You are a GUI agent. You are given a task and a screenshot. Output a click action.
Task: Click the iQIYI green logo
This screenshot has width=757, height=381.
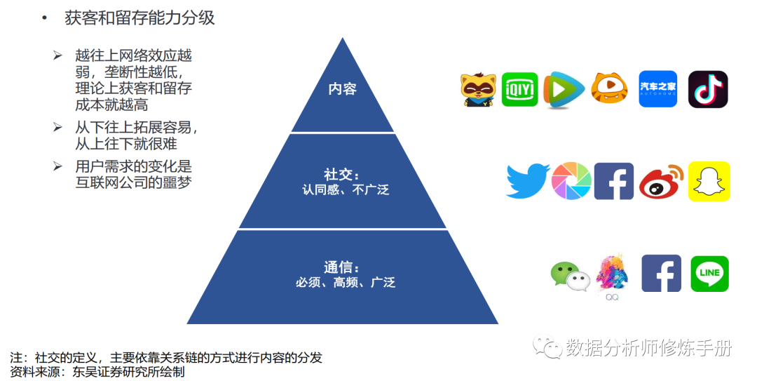tap(519, 89)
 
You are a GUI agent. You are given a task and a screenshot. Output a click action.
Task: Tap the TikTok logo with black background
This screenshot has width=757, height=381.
tap(708, 89)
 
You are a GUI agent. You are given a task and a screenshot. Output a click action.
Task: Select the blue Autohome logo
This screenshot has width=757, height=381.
tap(657, 89)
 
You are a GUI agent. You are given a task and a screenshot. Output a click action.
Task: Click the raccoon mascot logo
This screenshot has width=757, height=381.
tap(478, 90)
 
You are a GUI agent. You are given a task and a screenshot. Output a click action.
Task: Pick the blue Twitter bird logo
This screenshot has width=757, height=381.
tap(527, 181)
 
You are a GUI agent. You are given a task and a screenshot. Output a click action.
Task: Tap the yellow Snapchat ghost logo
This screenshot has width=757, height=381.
tap(709, 181)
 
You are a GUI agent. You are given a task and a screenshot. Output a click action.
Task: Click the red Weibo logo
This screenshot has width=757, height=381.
tap(661, 182)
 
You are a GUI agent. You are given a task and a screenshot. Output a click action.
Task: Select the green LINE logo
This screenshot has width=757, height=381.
tap(709, 274)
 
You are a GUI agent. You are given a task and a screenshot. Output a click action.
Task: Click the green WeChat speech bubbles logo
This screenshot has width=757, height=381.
tap(569, 276)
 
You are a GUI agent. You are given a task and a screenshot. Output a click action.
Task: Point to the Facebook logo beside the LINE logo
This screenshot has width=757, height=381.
tap(661, 274)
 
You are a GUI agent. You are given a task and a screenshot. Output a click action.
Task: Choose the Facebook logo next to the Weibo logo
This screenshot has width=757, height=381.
tap(613, 181)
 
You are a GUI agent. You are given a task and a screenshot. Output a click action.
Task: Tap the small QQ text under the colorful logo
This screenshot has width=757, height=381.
tap(612, 297)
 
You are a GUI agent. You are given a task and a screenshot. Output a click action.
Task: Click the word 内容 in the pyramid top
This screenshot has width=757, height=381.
tap(343, 89)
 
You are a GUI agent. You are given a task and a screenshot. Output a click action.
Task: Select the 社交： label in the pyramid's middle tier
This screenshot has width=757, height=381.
tap(342, 174)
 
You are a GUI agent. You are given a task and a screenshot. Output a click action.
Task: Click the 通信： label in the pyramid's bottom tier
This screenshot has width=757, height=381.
tap(342, 267)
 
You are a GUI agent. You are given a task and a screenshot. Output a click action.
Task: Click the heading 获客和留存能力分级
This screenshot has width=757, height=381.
tap(139, 18)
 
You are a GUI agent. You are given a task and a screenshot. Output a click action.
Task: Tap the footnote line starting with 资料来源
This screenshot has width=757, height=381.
tap(97, 372)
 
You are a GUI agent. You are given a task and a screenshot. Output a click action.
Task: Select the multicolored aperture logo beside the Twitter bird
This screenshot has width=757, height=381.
tap(571, 182)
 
